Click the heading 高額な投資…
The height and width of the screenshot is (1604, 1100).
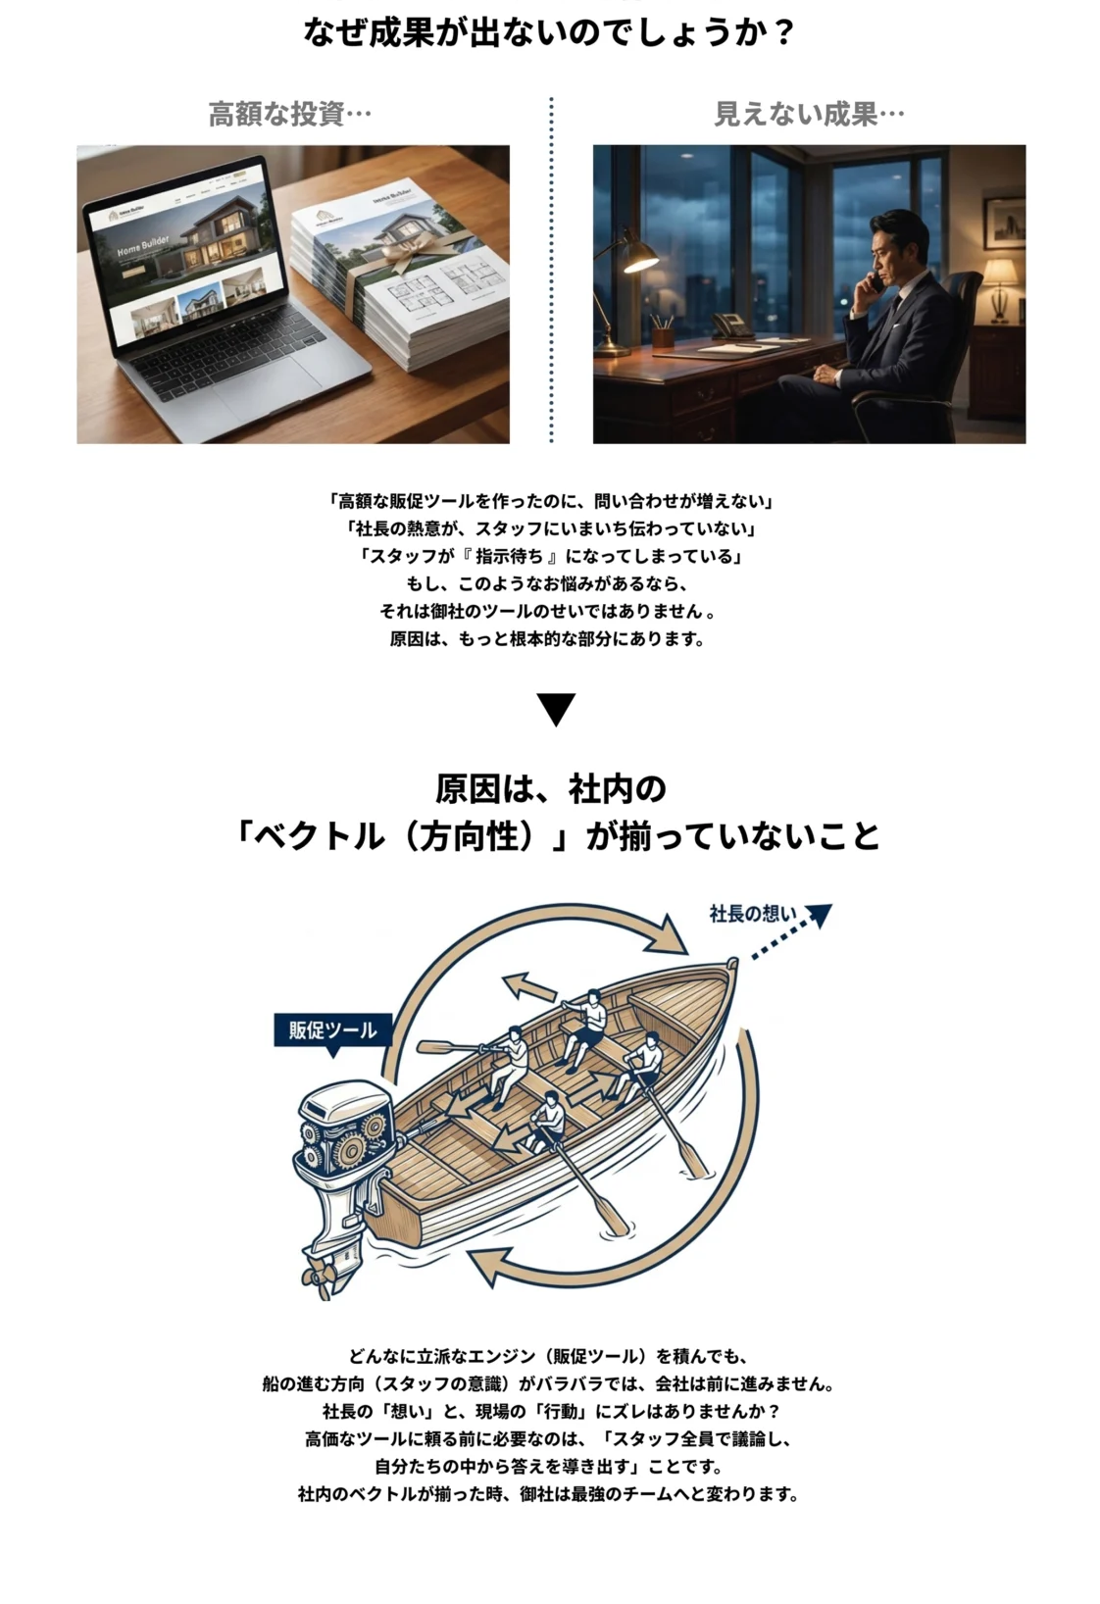[290, 115]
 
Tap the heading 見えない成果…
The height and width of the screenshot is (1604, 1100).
[809, 115]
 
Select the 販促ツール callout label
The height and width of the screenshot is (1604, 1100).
[333, 1030]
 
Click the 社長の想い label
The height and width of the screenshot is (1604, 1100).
[753, 914]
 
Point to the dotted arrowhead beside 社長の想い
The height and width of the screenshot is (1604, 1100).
[819, 915]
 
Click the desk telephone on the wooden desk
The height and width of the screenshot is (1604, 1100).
[730, 326]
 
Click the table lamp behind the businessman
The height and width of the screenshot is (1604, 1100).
[999, 289]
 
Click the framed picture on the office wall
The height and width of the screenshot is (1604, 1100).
[1005, 223]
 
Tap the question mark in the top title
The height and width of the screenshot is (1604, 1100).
[784, 33]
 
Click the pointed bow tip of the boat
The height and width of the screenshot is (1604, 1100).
[732, 963]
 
